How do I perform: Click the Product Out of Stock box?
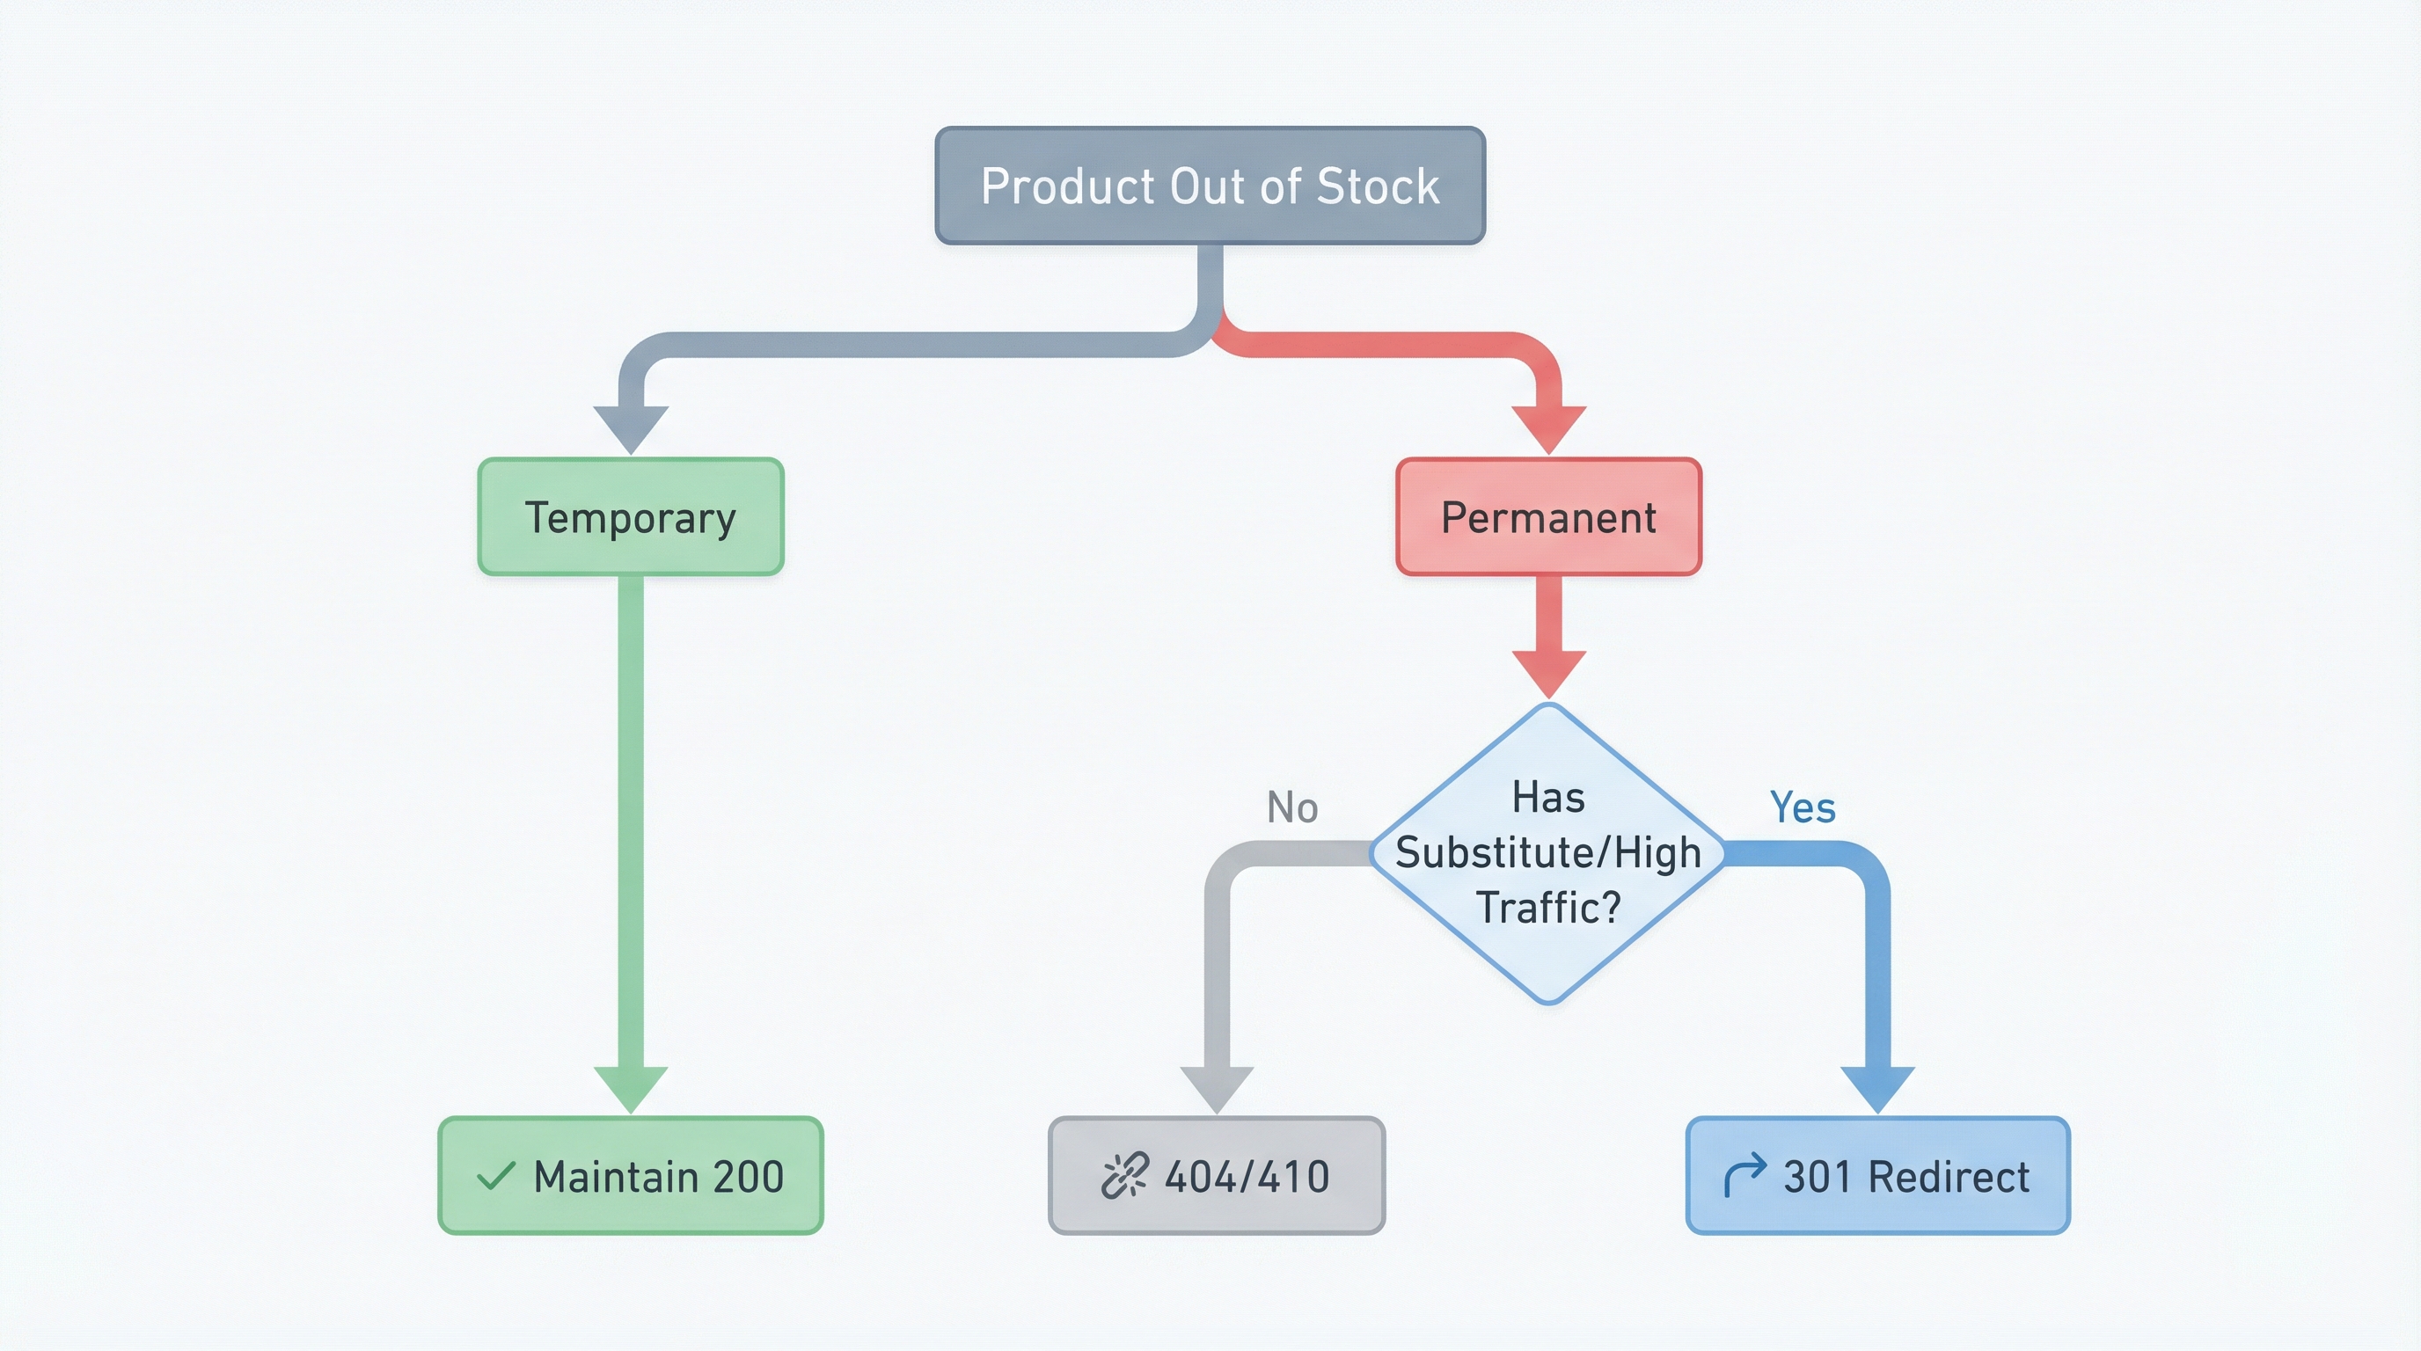point(1210,185)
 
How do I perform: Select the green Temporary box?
point(631,516)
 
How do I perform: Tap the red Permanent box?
point(1548,516)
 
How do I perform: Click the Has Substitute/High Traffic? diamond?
point(1548,852)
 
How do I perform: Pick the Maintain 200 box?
point(631,1175)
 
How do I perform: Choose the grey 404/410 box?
point(1216,1175)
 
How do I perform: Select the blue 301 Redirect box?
point(1878,1175)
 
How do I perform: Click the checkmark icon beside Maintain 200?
point(495,1175)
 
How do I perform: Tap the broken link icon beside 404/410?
point(1124,1175)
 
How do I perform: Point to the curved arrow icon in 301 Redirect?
point(1744,1175)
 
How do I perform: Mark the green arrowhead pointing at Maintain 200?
point(631,1087)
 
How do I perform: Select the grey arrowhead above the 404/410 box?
point(1216,1087)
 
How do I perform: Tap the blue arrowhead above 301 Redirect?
point(1876,1087)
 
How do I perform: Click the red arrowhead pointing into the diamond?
point(1548,671)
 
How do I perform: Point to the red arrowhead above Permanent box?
point(1548,427)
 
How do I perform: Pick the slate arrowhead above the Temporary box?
point(631,427)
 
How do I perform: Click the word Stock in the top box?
point(1378,186)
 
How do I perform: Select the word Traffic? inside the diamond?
point(1548,908)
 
